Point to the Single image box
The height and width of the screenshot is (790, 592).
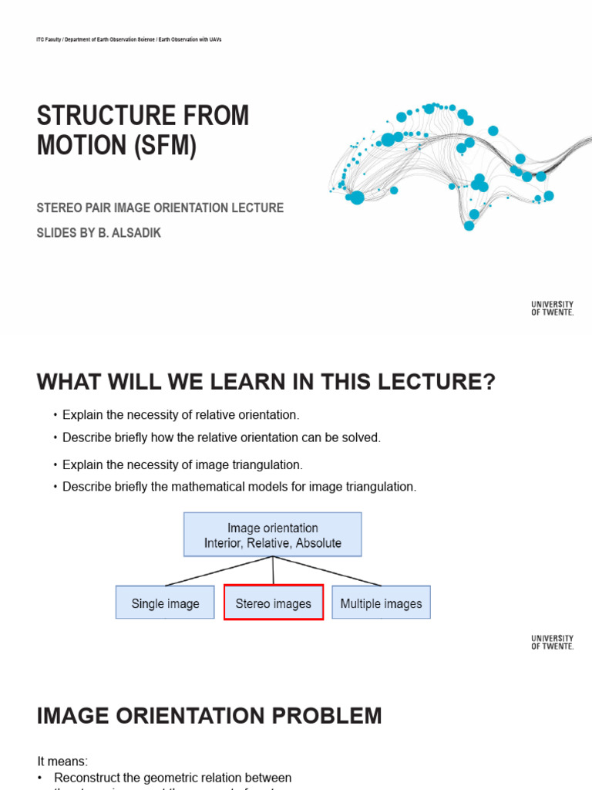(165, 603)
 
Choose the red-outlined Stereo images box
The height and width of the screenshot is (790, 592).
(273, 603)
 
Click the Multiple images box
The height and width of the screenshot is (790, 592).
(381, 603)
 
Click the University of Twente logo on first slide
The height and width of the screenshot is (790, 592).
(552, 309)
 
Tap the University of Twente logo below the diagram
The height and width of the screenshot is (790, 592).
(552, 642)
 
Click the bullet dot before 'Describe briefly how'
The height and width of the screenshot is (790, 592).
(55, 438)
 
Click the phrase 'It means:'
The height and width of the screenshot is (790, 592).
(62, 761)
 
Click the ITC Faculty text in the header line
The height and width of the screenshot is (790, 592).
(47, 39)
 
